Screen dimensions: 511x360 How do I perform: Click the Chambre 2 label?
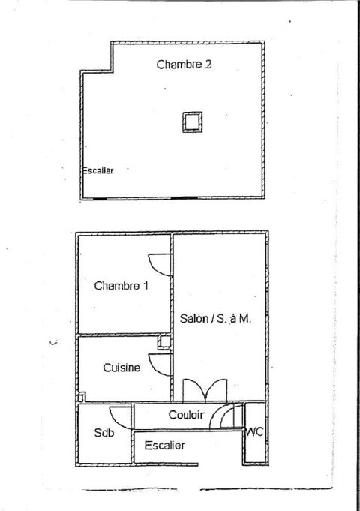pyautogui.click(x=183, y=65)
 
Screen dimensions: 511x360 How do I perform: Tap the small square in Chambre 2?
pyautogui.click(x=193, y=121)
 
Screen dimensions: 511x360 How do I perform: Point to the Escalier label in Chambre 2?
pyautogui.click(x=97, y=171)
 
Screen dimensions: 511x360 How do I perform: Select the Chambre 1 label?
pyautogui.click(x=121, y=286)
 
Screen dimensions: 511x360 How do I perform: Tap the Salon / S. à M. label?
pyautogui.click(x=216, y=318)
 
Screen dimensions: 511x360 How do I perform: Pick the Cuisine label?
pyautogui.click(x=121, y=368)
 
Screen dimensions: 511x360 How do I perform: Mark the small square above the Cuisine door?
pyautogui.click(x=163, y=343)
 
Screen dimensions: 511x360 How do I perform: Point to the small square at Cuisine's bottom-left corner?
pyautogui.click(x=81, y=397)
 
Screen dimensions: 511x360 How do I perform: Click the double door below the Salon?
pyautogui.click(x=204, y=390)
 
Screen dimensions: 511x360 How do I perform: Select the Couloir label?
pyautogui.click(x=185, y=415)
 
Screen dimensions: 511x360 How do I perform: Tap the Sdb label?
pyautogui.click(x=103, y=434)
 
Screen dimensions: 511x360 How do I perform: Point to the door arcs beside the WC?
pyautogui.click(x=229, y=416)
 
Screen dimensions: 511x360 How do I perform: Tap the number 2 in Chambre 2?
pyautogui.click(x=208, y=65)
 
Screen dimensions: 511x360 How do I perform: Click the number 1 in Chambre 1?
pyautogui.click(x=145, y=286)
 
